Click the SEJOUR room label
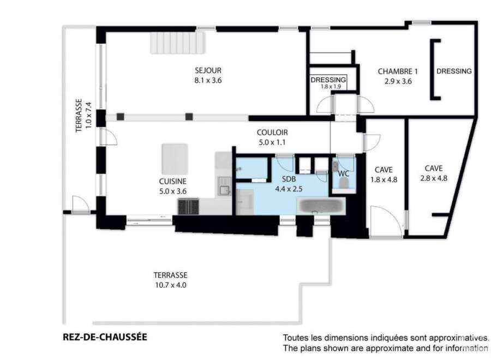208,70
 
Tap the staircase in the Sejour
177,43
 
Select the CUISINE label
173,181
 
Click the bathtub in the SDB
321,206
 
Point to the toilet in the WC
344,183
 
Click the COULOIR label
272,133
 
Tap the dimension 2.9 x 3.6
398,81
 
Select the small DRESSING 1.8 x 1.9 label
328,83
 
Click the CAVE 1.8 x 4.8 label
384,175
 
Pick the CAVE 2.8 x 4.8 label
434,173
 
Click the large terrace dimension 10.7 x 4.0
171,285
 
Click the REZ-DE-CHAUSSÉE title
105,337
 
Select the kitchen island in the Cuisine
175,159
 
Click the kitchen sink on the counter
225,190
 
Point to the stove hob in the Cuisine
189,207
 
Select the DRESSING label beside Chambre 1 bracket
454,71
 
